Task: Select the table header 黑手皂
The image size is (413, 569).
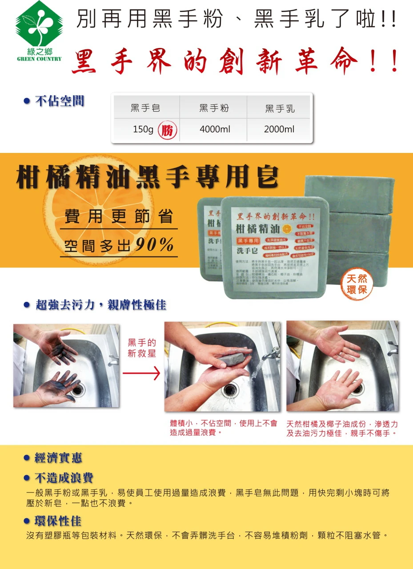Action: click(145, 108)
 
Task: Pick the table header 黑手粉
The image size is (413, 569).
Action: click(213, 108)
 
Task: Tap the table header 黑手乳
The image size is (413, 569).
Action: click(280, 108)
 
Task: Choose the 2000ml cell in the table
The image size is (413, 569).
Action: click(279, 129)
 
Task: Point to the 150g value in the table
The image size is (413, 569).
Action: click(143, 129)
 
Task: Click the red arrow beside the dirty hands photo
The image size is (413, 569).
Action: click(141, 374)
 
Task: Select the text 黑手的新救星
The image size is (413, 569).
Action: click(142, 348)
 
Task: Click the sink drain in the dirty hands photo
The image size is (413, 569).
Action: click(77, 390)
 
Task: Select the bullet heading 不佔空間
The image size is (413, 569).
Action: click(60, 101)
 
